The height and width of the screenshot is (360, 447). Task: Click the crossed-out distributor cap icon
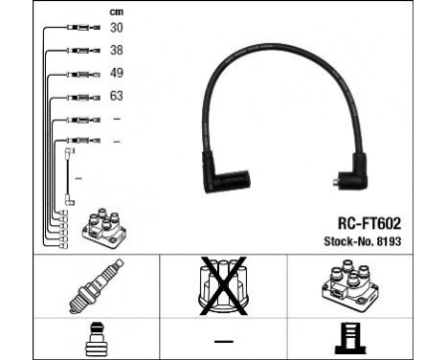point(222,285)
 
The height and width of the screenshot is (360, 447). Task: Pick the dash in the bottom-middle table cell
point(222,340)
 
